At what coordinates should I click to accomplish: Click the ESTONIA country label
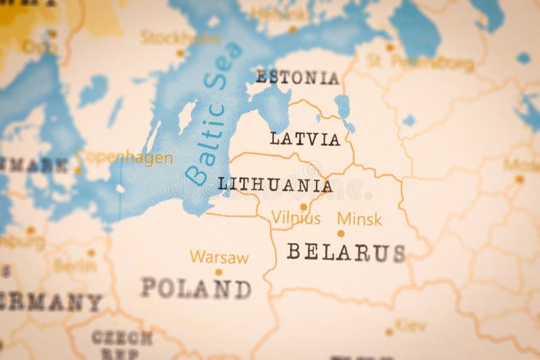click(x=297, y=77)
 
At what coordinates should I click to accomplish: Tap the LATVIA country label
click(x=305, y=139)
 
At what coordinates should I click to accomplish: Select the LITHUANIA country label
click(x=275, y=184)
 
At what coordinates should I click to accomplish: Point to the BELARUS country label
click(x=346, y=253)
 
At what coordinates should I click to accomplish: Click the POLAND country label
click(x=196, y=288)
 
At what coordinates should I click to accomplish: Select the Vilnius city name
click(x=296, y=218)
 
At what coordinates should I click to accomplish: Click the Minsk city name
click(x=359, y=219)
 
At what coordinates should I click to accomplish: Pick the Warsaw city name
click(x=219, y=257)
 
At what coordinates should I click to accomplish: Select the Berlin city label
click(x=74, y=265)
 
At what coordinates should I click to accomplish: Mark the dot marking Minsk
click(x=341, y=234)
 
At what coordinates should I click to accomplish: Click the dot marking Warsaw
click(x=218, y=272)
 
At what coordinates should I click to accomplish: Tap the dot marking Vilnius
click(x=304, y=207)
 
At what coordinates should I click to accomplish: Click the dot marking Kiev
click(x=389, y=332)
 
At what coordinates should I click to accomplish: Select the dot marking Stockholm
click(x=180, y=53)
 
